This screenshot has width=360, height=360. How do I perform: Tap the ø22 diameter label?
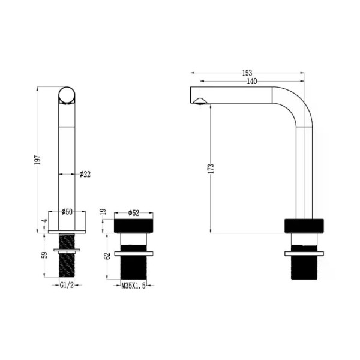coord(85,174)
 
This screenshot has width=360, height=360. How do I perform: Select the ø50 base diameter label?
coord(67,212)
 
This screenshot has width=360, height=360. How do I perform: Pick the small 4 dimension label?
coord(44,221)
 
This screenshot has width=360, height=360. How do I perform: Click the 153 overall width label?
coord(247,73)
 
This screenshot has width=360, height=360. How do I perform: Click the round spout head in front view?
coord(67,96)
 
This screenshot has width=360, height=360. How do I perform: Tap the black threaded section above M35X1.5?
coord(134,266)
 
